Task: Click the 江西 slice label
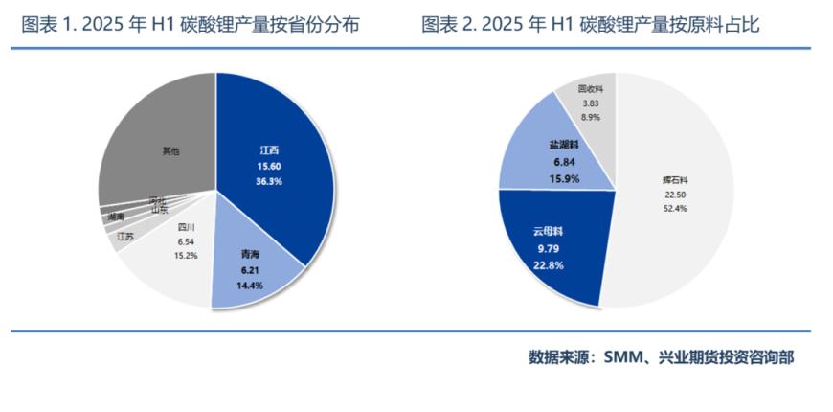(x=269, y=150)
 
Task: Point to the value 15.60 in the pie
(x=269, y=166)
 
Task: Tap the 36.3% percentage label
(x=269, y=181)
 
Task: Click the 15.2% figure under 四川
(x=187, y=255)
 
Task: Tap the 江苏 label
(x=125, y=236)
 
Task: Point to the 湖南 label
(x=116, y=217)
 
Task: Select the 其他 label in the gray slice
(x=170, y=151)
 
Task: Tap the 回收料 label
(x=589, y=89)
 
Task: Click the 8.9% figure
(x=589, y=116)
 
